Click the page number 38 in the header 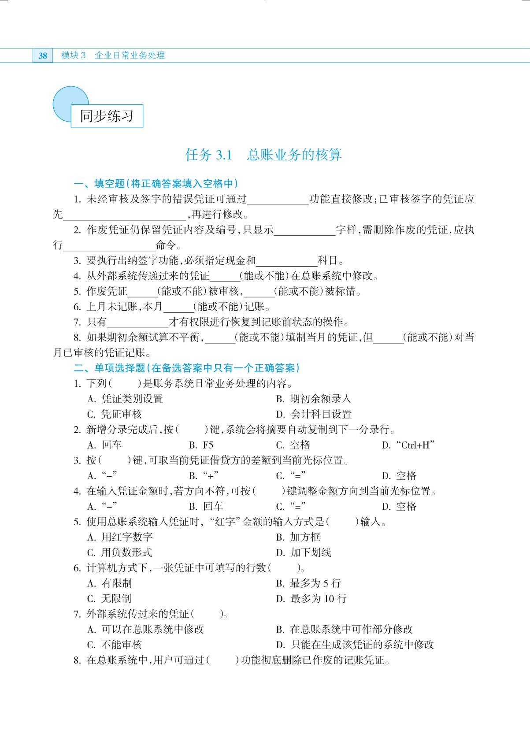coord(43,56)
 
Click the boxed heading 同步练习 coord(107,116)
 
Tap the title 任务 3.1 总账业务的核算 coord(263,155)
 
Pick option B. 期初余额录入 coord(314,399)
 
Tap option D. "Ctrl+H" coord(408,445)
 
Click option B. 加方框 coord(298,537)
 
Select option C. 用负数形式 coord(120,553)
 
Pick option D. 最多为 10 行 coord(311,598)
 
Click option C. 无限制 coord(109,598)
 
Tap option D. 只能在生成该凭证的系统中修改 coord(355,645)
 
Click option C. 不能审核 coord(115,645)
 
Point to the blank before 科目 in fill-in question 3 coord(286,261)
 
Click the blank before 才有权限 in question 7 coord(137,323)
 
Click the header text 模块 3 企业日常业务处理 coord(113,56)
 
